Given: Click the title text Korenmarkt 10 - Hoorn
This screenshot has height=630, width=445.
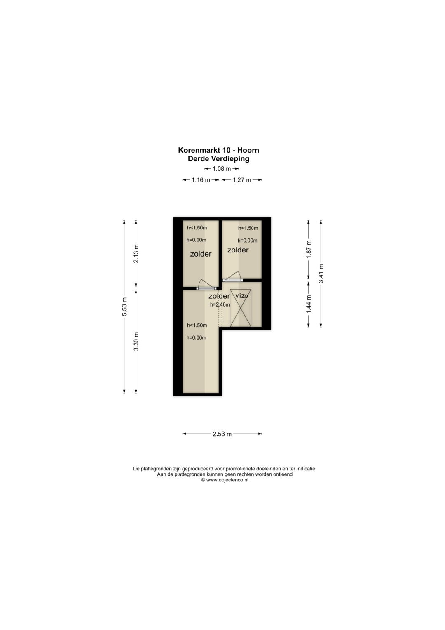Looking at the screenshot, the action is [218, 150].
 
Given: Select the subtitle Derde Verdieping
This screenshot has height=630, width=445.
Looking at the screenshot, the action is [218, 158].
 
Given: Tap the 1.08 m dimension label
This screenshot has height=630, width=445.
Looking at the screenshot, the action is [222, 169].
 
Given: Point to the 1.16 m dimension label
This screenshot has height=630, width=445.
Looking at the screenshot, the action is [201, 180].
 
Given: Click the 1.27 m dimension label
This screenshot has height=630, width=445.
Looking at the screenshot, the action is [242, 180].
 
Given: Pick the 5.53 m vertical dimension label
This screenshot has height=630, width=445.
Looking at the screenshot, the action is [125, 307].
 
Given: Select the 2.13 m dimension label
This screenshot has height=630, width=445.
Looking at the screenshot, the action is [136, 253].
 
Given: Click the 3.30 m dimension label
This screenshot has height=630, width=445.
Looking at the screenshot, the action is [136, 342].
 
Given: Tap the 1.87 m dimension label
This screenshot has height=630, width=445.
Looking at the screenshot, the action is [309, 249].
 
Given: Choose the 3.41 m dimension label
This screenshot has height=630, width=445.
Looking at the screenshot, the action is [321, 274].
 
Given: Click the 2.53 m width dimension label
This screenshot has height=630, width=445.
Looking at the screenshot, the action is [222, 434].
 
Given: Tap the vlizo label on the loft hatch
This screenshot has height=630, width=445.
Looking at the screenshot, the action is [241, 296].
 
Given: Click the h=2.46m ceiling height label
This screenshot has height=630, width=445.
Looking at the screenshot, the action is [220, 304].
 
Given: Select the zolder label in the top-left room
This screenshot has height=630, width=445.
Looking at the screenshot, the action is [201, 254].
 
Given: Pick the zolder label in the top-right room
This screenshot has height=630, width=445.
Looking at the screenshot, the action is [238, 250].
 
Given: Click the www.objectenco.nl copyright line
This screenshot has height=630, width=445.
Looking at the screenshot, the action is [225, 480].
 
